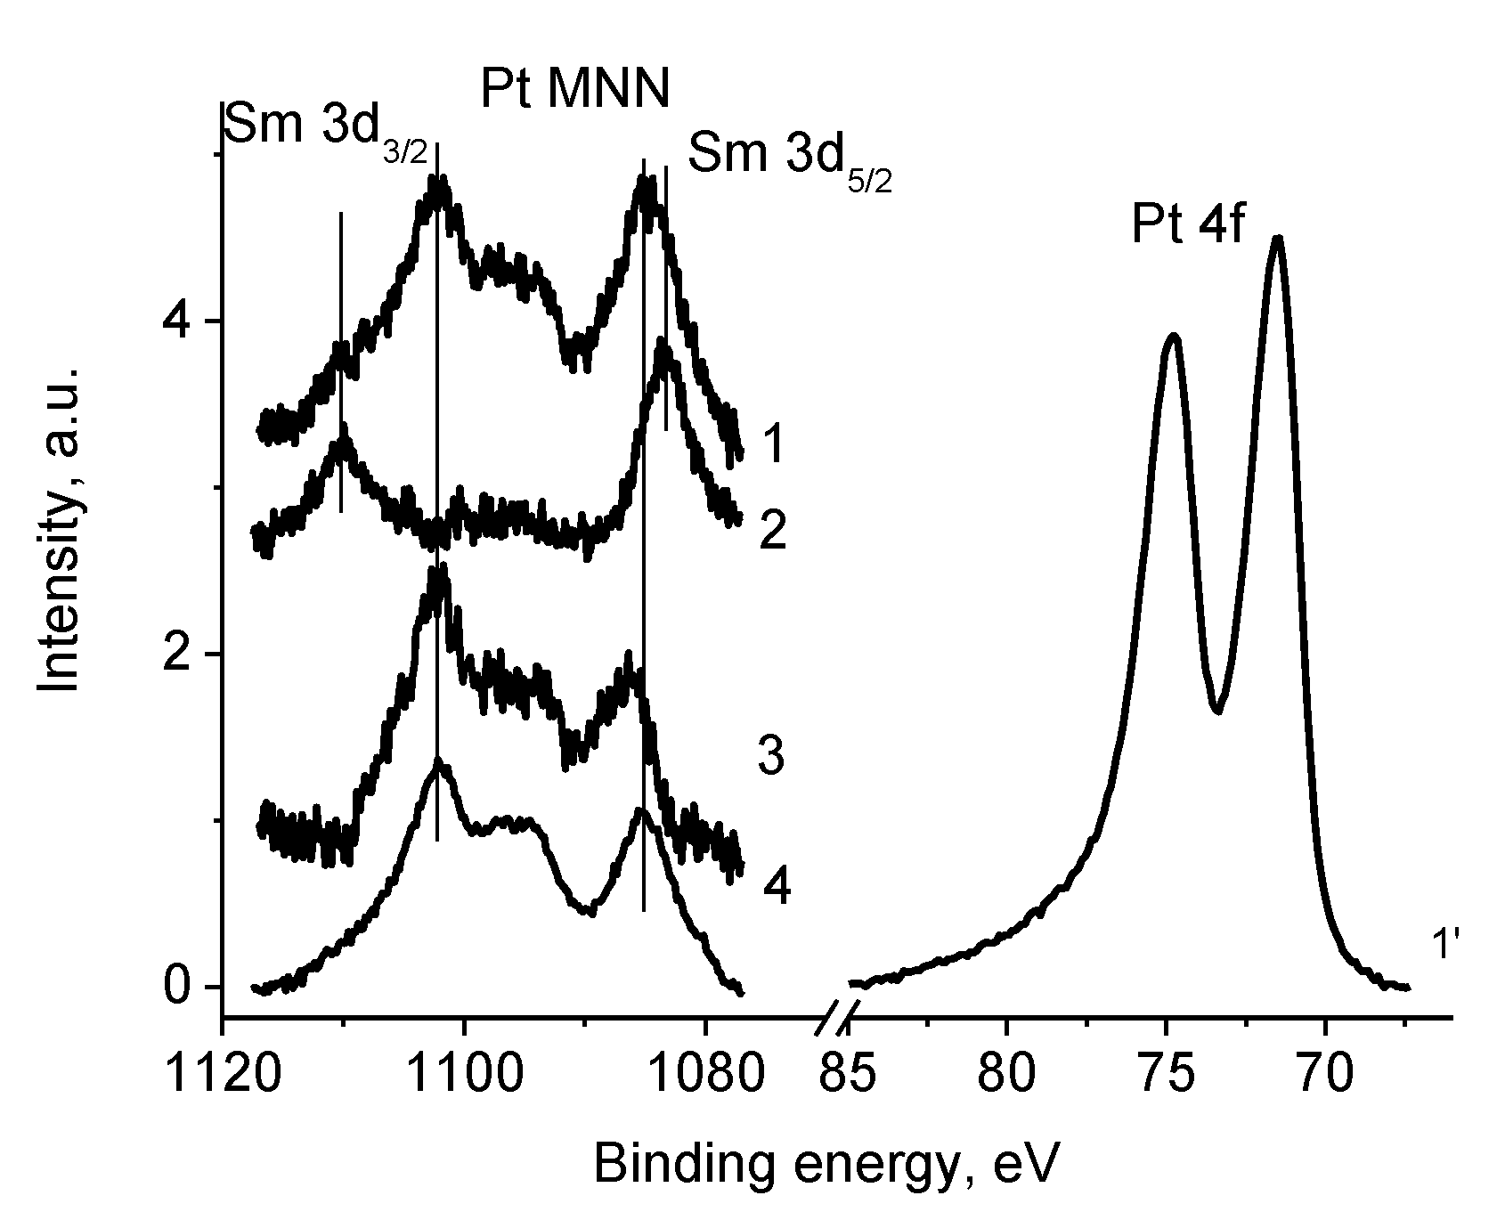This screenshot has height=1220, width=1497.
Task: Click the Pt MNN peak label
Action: pos(574,90)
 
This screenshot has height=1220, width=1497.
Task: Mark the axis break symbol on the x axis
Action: pos(838,1016)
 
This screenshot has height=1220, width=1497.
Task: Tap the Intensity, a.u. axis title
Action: pos(61,528)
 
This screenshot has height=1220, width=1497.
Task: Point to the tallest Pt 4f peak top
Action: pos(1278,238)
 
